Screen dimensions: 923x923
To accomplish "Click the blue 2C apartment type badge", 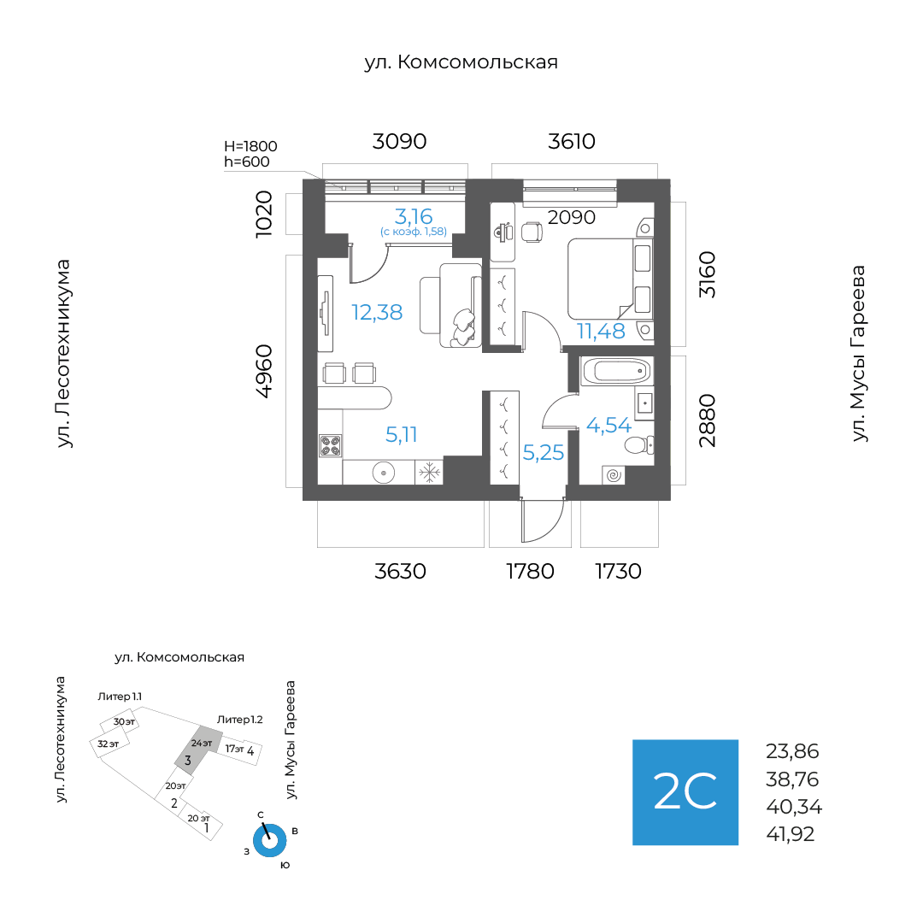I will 685,792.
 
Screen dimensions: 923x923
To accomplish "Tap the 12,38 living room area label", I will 377,312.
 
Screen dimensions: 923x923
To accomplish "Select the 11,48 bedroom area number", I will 601,330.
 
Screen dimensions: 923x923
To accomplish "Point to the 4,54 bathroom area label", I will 608,425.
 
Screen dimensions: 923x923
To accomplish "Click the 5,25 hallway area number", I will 544,453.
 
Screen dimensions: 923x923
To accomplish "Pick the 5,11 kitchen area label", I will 401,434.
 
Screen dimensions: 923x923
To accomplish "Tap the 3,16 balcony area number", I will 413,215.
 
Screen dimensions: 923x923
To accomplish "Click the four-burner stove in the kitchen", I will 331,445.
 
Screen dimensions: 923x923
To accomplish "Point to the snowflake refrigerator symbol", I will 428,471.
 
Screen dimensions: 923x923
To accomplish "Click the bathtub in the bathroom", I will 615,372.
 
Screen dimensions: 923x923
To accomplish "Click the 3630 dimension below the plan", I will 400,571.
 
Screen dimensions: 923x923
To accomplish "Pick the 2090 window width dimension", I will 571,217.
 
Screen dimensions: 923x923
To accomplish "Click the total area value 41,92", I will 791,833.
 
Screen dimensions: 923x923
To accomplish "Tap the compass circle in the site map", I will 270,840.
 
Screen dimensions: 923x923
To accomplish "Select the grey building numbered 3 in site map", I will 193,750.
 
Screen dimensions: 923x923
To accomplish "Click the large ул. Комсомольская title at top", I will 461,62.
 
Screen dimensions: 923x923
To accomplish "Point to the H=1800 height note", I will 250,146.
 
